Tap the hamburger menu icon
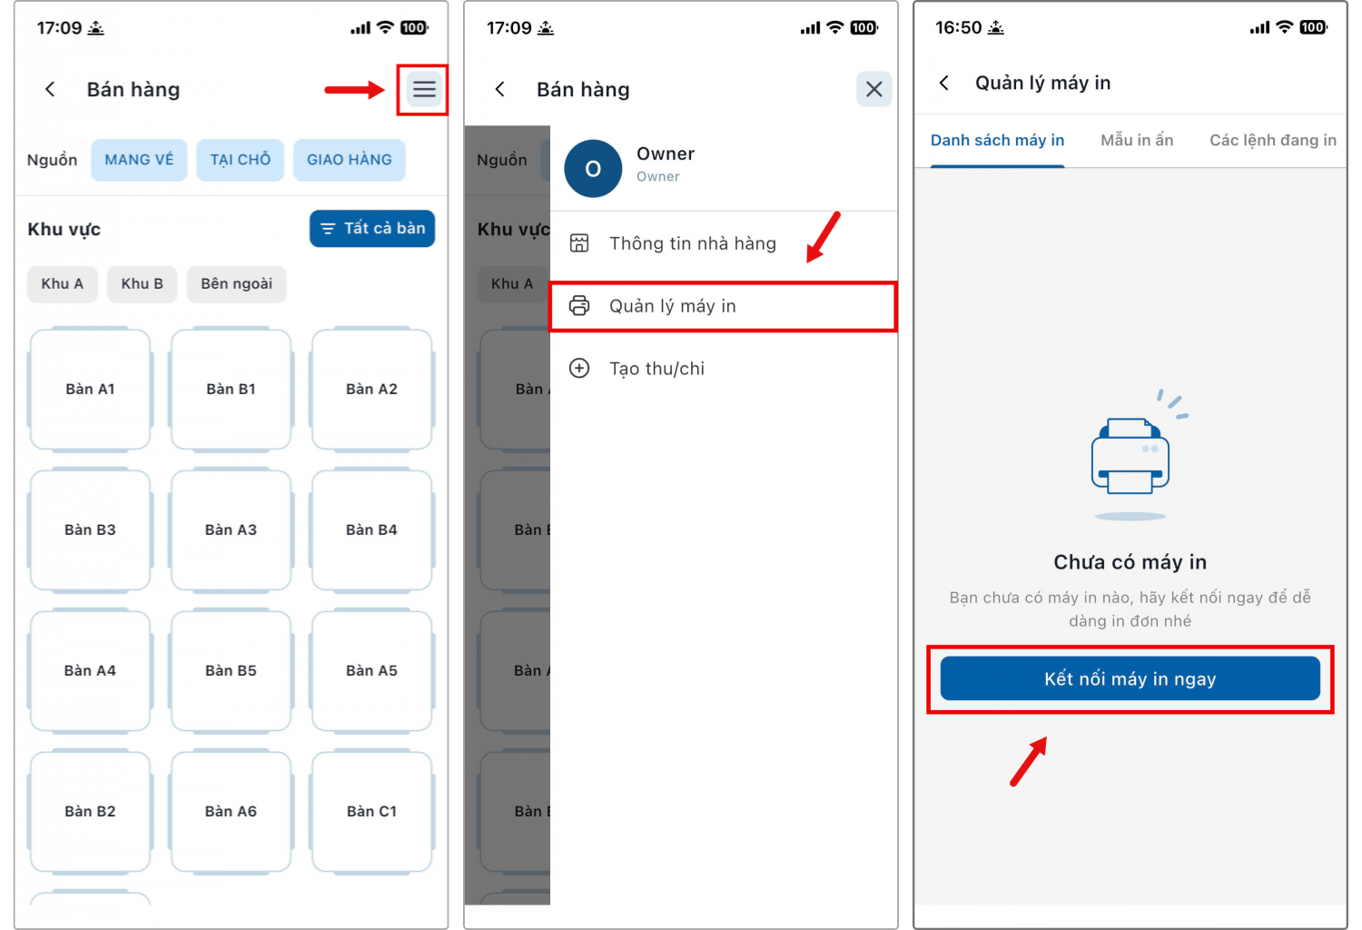(x=424, y=89)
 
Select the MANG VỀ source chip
(x=139, y=160)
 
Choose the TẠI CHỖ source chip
(x=241, y=160)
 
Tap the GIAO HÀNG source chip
(x=349, y=160)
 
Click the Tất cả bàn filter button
(x=372, y=229)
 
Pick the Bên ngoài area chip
(x=236, y=284)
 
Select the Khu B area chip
(x=143, y=284)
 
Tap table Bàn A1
(x=90, y=390)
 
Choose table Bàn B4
(x=371, y=529)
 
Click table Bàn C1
(x=371, y=811)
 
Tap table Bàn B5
(x=231, y=671)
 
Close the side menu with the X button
(x=873, y=89)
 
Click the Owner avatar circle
(x=593, y=169)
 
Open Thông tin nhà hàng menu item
(x=693, y=244)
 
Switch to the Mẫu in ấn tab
(x=1137, y=141)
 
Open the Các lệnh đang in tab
(x=1273, y=141)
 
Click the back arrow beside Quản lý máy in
(x=944, y=83)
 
